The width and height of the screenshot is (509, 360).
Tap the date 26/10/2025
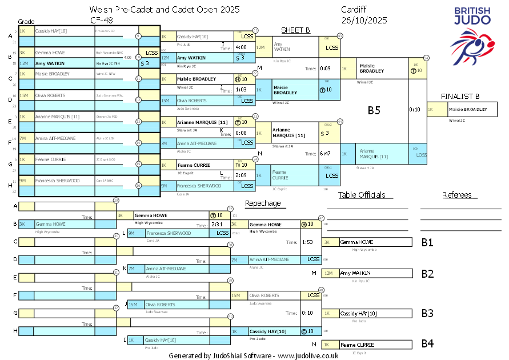pyautogui.click(x=364, y=20)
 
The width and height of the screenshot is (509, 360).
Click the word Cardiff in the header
pyautogui.click(x=354, y=10)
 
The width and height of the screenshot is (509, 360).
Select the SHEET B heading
pyautogui.click(x=295, y=30)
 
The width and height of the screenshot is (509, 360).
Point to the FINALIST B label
pyautogui.click(x=460, y=96)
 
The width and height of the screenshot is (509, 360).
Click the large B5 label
pyautogui.click(x=374, y=110)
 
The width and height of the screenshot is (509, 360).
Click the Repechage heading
pyautogui.click(x=263, y=203)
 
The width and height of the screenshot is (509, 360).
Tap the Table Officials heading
pyautogui.click(x=362, y=195)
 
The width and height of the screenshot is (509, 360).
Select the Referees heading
pyautogui.click(x=457, y=195)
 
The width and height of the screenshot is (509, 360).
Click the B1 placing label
pyautogui.click(x=427, y=242)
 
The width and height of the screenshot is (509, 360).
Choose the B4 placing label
pyautogui.click(x=427, y=343)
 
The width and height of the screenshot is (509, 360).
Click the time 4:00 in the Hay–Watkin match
pyautogui.click(x=241, y=47)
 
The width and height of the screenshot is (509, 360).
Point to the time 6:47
pyautogui.click(x=326, y=154)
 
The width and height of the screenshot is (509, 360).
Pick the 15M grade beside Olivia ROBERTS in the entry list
pyautogui.click(x=24, y=95)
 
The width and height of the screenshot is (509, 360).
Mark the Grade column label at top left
pyautogui.click(x=26, y=21)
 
